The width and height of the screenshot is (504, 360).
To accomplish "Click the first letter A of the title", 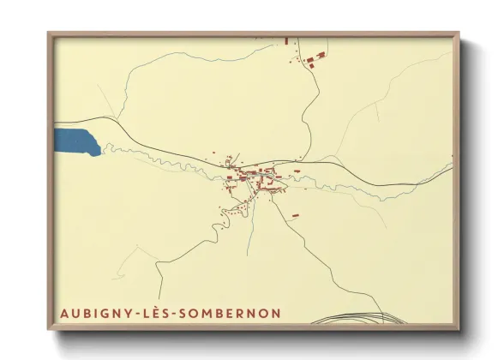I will (x=65, y=313).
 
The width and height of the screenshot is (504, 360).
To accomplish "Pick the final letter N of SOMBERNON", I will (x=274, y=313).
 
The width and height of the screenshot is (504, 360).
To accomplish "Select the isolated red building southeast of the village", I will (x=295, y=215).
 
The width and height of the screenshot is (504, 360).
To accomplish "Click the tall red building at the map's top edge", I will (x=286, y=40).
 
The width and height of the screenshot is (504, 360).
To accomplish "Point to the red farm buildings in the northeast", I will (x=314, y=58).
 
